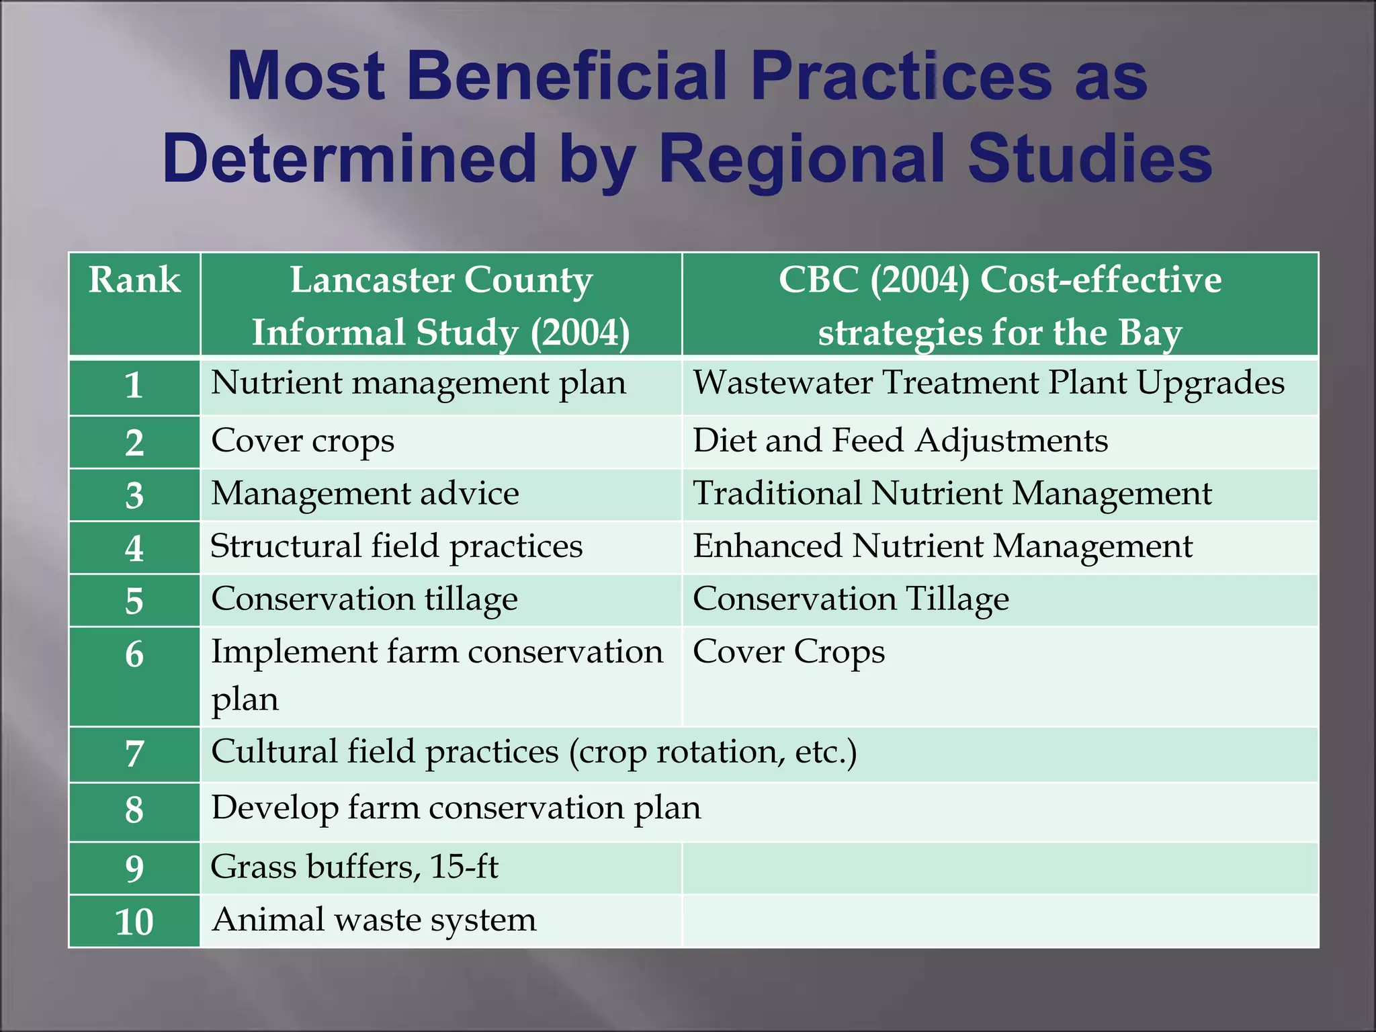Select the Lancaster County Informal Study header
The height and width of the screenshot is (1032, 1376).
(441, 306)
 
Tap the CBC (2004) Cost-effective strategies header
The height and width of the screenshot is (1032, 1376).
(1000, 306)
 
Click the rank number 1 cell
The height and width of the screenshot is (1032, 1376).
(134, 386)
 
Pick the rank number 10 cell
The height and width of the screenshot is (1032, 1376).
(134, 921)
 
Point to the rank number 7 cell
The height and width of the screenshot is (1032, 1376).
(134, 754)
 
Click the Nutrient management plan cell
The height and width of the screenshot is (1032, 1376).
(418, 384)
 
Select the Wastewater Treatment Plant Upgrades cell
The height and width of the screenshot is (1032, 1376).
(988, 384)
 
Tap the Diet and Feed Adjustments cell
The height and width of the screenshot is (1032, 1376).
(900, 441)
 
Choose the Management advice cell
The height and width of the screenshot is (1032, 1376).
(365, 494)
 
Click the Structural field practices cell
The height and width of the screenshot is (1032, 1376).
(396, 546)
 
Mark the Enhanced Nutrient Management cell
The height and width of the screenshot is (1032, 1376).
(942, 546)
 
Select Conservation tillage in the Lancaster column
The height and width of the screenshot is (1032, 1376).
(364, 599)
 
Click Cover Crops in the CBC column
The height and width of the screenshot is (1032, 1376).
(788, 652)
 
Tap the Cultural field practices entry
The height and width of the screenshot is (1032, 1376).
(533, 752)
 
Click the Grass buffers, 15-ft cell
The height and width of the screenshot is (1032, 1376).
(354, 867)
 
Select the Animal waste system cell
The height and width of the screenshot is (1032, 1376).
(374, 920)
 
